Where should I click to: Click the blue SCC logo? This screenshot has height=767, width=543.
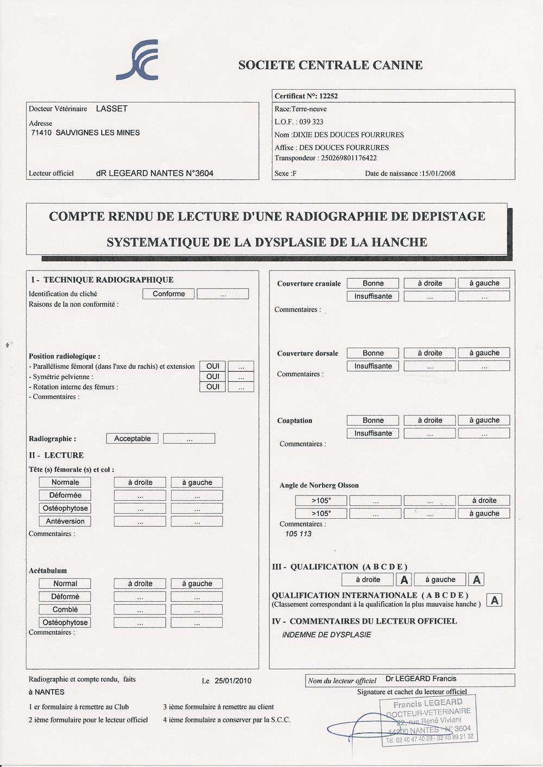[x=138, y=60]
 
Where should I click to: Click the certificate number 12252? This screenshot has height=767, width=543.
[x=328, y=96]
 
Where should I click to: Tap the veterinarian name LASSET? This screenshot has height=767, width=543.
[x=112, y=109]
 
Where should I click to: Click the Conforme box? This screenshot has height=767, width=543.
[x=168, y=294]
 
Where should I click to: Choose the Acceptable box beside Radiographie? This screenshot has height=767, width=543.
[x=132, y=438]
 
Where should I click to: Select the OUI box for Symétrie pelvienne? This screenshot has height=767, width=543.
[x=212, y=376]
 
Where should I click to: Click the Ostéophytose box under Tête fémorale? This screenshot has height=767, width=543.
[x=65, y=508]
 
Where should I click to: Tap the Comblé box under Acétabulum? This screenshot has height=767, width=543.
[x=65, y=609]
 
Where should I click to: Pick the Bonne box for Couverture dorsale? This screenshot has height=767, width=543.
[x=372, y=353]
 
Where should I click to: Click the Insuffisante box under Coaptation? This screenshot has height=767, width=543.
[x=372, y=433]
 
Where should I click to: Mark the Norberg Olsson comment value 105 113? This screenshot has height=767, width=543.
[x=298, y=534]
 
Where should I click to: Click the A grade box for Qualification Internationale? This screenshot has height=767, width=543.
[x=494, y=600]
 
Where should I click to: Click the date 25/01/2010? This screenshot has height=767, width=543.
[x=233, y=681]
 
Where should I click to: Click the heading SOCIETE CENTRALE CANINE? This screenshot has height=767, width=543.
[x=330, y=65]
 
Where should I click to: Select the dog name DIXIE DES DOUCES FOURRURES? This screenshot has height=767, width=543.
[x=348, y=135]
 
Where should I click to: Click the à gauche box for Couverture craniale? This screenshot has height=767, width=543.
[x=484, y=283]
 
